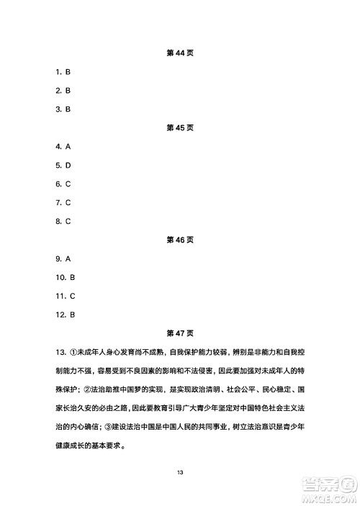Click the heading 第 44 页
[x=180, y=53]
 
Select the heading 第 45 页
[x=180, y=127]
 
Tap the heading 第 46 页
[x=180, y=240]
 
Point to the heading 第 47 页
[x=180, y=333]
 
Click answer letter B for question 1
[x=67, y=72]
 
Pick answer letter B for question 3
[x=67, y=109]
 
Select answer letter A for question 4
[x=67, y=146]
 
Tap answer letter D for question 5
[x=67, y=165]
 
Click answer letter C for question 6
[x=67, y=184]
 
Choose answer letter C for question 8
[x=67, y=221]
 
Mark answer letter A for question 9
[x=67, y=258]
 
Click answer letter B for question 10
[x=73, y=277]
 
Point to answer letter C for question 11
[x=73, y=296]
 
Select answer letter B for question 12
[x=73, y=315]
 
